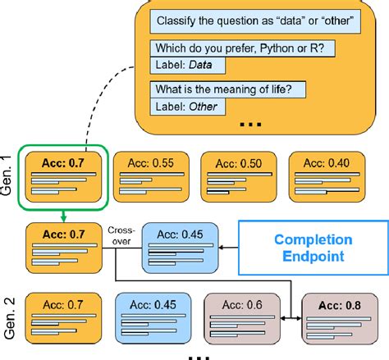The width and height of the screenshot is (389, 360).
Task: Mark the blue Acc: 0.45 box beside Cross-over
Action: [x=182, y=244]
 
